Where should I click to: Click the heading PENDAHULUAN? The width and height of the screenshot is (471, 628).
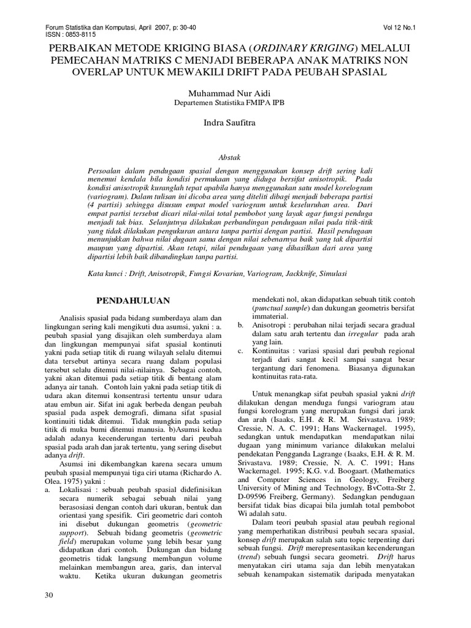(x=133, y=301)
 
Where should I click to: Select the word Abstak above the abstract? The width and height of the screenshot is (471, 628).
(x=235, y=157)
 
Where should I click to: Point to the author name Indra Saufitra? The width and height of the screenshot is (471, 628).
(x=235, y=123)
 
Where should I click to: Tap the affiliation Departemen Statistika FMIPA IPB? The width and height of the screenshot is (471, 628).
(x=235, y=102)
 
